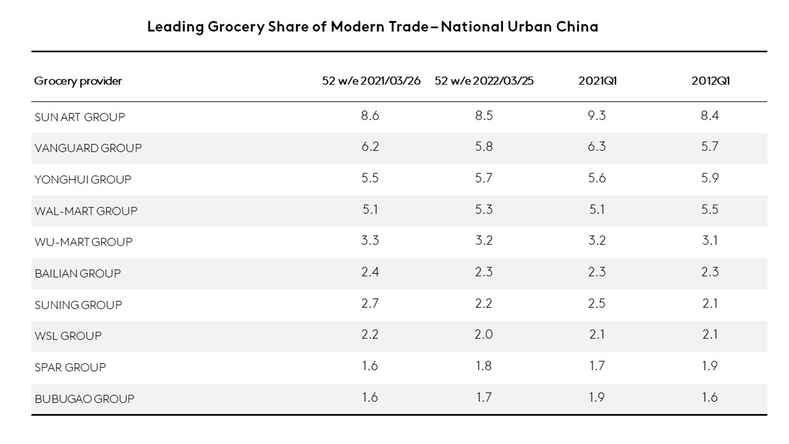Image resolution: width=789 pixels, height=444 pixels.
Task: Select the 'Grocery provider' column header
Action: [78, 81]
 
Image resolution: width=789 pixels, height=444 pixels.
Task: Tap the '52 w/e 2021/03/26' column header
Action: [371, 81]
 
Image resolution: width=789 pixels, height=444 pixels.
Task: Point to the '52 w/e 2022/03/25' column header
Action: [484, 81]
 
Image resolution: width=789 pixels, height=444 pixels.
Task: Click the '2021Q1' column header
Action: [597, 81]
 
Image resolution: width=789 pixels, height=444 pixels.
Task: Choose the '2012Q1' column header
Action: [710, 81]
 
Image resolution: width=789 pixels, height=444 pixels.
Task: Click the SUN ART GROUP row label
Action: [80, 117]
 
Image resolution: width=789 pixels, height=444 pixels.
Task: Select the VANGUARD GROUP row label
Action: [88, 148]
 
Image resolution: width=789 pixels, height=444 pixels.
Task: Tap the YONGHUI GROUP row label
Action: [83, 179]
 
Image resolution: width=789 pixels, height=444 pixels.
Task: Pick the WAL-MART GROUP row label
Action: [86, 211]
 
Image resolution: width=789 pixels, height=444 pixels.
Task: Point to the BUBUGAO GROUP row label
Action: [85, 399]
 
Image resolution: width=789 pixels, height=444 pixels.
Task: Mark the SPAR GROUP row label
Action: [70, 367]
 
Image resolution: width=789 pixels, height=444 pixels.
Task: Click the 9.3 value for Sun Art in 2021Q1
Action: [596, 116]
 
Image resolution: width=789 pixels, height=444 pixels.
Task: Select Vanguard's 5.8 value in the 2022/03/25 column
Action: [483, 147]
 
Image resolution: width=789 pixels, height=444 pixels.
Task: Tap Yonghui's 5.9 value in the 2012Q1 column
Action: [710, 178]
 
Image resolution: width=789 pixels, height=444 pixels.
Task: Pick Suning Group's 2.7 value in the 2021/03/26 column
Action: [370, 304]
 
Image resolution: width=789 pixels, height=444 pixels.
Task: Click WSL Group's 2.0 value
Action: [483, 335]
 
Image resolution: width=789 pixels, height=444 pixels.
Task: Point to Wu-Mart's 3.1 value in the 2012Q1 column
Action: [710, 241]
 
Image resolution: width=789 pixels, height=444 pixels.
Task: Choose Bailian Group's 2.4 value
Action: [370, 272]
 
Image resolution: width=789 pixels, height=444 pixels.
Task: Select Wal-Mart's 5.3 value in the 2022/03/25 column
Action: [483, 209]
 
